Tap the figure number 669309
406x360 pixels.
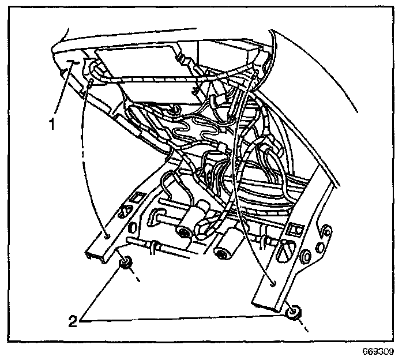click(x=379, y=351)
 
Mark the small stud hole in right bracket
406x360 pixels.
click(x=272, y=282)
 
